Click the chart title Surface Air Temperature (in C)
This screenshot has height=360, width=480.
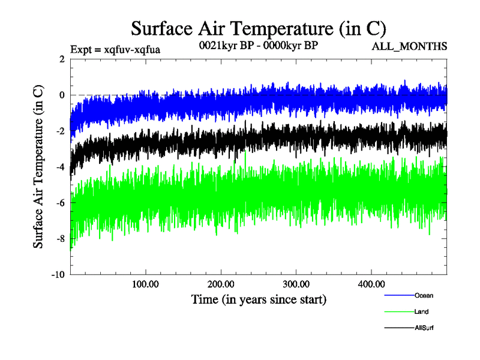pos(258,28)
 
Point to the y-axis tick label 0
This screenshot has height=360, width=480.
pos(62,95)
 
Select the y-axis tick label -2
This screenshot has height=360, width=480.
pos(60,131)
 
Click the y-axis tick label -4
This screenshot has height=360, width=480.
pos(60,167)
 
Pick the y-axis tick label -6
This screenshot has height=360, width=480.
pos(60,203)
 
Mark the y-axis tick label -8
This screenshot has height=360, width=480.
pos(60,239)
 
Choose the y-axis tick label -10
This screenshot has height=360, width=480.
pos(58,275)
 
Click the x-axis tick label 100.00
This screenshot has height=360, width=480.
pos(145,283)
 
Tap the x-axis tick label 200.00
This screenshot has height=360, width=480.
pos(221,283)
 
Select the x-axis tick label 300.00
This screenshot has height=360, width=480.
pos(296,283)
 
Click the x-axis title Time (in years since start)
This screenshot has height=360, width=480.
pos(259,298)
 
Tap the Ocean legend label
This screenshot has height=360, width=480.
pos(424,296)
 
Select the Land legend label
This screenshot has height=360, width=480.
pos(421,312)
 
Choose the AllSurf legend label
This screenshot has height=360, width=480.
pos(424,328)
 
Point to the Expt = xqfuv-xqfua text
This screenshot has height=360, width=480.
pos(115,49)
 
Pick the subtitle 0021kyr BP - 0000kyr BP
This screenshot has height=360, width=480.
pos(258,45)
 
